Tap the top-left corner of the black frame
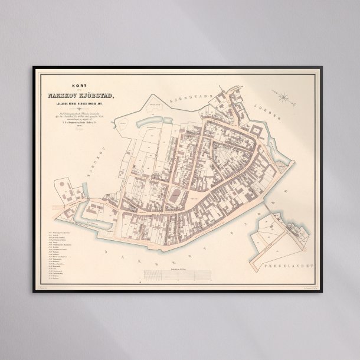pos(33,67)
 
